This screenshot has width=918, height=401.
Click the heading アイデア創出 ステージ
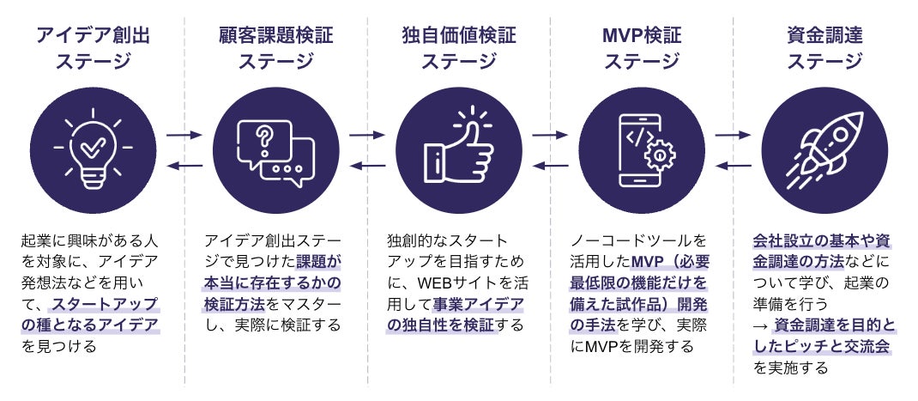[92, 48]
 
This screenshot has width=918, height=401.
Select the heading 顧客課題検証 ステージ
[275, 48]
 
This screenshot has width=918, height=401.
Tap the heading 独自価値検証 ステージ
[458, 48]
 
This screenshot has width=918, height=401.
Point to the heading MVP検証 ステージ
[641, 48]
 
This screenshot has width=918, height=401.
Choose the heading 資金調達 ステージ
[824, 48]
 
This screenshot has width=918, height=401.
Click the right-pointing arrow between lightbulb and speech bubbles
[184, 135]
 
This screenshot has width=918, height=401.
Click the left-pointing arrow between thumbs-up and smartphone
[550, 165]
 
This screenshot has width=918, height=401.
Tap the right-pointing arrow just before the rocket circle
[733, 135]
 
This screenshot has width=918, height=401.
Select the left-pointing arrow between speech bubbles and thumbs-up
[366, 165]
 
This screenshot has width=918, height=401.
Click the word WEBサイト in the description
[449, 283]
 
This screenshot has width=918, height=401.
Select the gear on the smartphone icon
[660, 155]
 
